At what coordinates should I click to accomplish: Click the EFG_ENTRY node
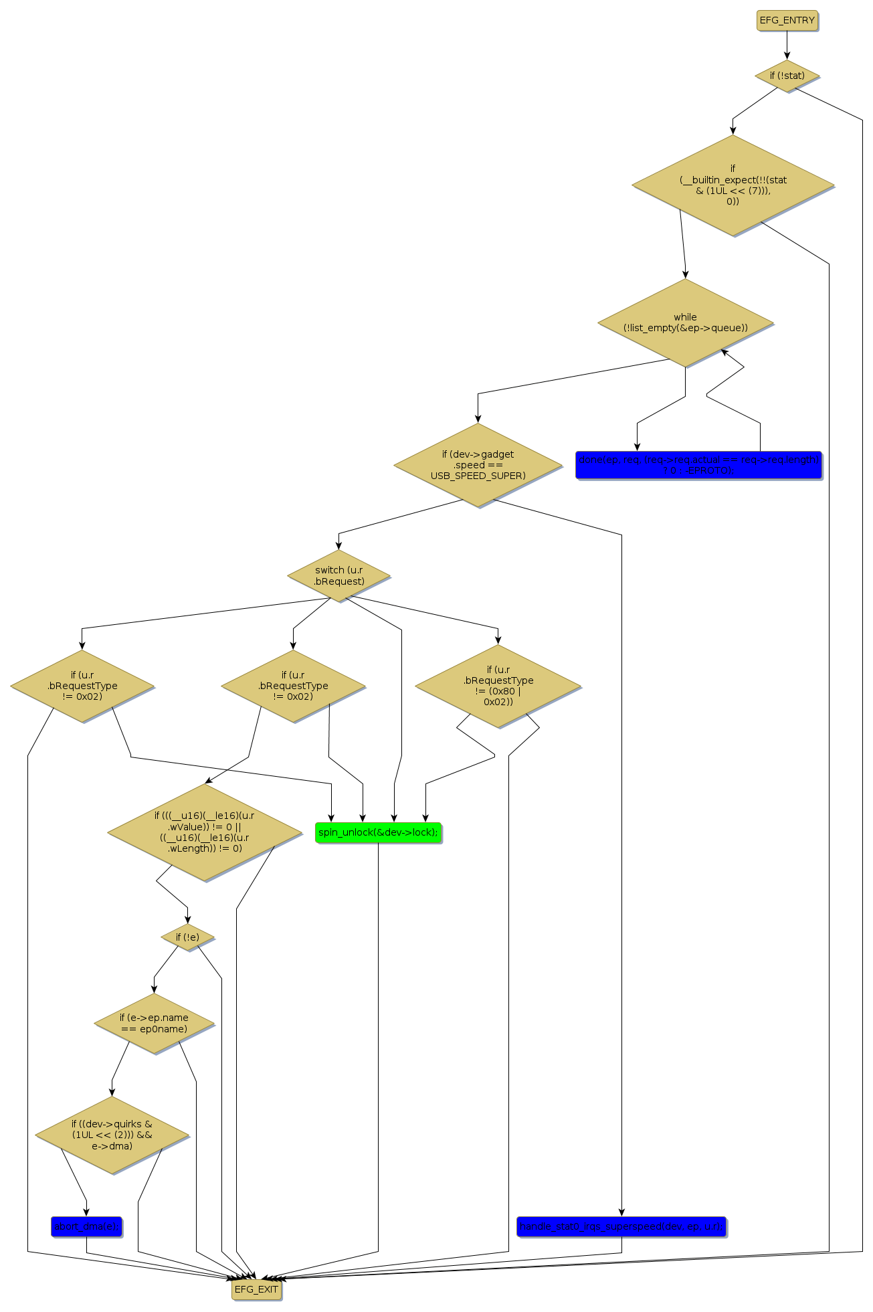click(x=787, y=21)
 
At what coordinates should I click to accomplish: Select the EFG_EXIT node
click(x=256, y=1289)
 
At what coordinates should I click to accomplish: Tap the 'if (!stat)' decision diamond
click(x=787, y=76)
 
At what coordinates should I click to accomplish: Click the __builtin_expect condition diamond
click(x=733, y=185)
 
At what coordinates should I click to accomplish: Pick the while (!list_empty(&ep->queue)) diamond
click(x=685, y=322)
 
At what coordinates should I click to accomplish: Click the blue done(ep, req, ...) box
click(x=698, y=465)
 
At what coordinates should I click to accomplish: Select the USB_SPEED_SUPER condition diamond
click(x=478, y=465)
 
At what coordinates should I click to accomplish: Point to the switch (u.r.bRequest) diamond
click(x=338, y=575)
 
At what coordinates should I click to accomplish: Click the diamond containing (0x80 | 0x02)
click(x=498, y=686)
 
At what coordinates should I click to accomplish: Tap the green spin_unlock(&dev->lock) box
click(x=378, y=832)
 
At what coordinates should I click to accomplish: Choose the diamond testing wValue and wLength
click(x=204, y=832)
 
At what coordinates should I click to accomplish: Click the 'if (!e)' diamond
click(x=187, y=937)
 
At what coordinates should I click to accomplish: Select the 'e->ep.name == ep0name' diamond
click(x=154, y=1023)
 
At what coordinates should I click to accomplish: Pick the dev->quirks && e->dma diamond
click(x=112, y=1135)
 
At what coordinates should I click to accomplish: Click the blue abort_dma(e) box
click(x=86, y=1226)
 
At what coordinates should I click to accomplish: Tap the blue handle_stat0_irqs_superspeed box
click(x=621, y=1226)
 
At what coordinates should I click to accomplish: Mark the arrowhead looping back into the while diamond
click(x=723, y=351)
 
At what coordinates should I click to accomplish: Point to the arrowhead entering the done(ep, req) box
click(x=637, y=447)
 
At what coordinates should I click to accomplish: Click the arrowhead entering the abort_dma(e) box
click(x=86, y=1212)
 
